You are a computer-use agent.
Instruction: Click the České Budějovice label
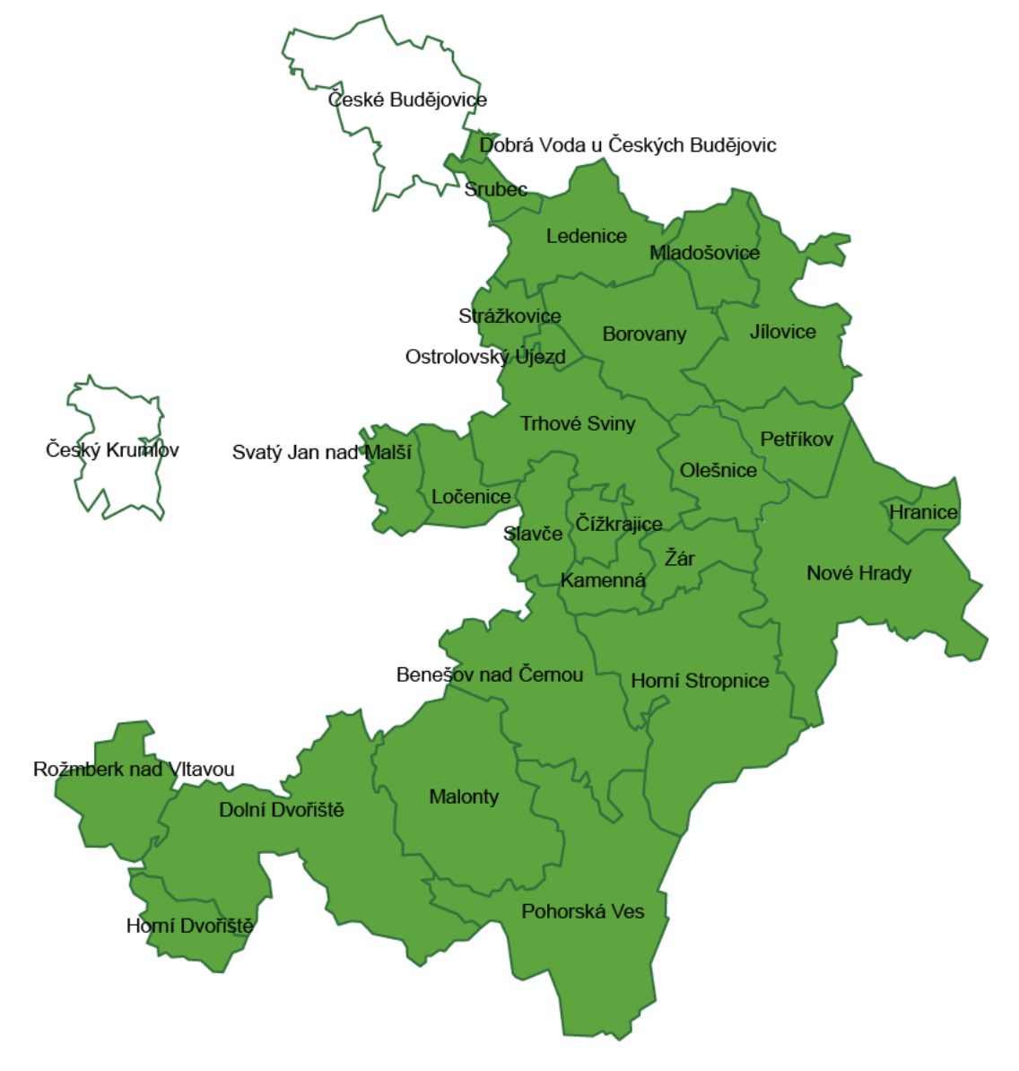coord(407,100)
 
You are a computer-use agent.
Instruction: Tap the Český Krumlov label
coord(112,449)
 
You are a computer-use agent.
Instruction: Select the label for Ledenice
coord(587,236)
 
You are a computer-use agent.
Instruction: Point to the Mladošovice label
coord(704,252)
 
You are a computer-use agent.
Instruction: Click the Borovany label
coord(644,334)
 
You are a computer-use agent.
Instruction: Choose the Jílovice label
coord(783,332)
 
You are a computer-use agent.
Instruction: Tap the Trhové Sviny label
coord(578,423)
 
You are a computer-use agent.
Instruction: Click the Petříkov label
coord(797,439)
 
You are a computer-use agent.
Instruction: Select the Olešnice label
coord(719,470)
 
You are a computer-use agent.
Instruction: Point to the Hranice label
coord(923,512)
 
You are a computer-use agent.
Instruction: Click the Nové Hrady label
coord(858,573)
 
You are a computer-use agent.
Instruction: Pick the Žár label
coord(679,558)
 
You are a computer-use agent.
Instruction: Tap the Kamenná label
coord(603,580)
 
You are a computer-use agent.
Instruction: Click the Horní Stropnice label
coord(700,681)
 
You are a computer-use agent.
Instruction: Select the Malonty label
coord(464,797)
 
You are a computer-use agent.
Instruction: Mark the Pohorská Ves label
coord(583,911)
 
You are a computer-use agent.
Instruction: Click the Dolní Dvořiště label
coord(282,810)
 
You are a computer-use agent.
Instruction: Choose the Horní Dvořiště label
coord(189,926)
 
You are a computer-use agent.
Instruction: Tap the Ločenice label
coord(471,496)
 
